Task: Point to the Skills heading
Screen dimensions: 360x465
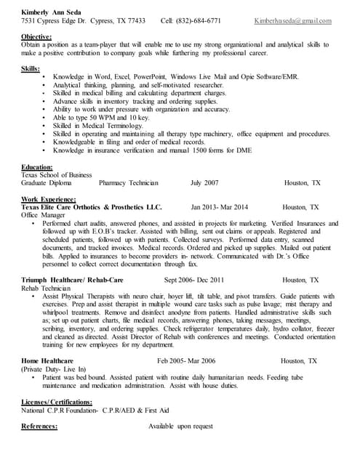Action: pos(31,68)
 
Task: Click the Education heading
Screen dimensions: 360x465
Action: pos(37,166)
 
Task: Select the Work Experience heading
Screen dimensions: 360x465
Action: pos(49,198)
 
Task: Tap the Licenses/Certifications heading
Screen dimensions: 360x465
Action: pos(57,401)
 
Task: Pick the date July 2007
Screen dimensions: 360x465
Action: pos(204,183)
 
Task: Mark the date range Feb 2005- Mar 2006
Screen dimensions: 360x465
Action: pos(185,360)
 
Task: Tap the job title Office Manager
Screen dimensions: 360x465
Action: pos(42,215)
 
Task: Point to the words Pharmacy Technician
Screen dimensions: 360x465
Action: pos(128,183)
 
